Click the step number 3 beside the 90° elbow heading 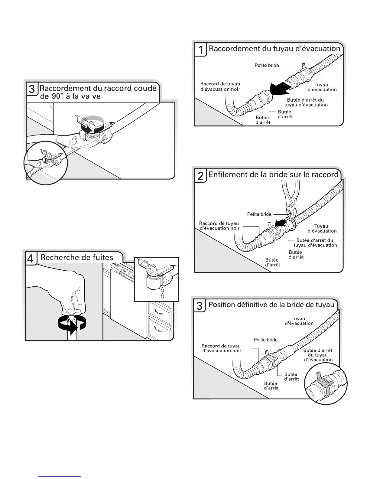click(31, 89)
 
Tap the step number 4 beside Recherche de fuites click(31, 259)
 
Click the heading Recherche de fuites click(77, 257)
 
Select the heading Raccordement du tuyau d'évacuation click(274, 49)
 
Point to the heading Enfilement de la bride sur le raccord click(273, 174)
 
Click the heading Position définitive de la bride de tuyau click(271, 305)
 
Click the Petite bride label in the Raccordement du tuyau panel click(267, 65)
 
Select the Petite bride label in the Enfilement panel click(259, 214)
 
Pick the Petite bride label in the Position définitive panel click(265, 340)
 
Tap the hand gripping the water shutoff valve click(68, 290)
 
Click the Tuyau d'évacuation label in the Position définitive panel click(299, 321)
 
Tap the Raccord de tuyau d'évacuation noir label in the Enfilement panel click(219, 226)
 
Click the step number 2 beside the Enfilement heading click(200, 176)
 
